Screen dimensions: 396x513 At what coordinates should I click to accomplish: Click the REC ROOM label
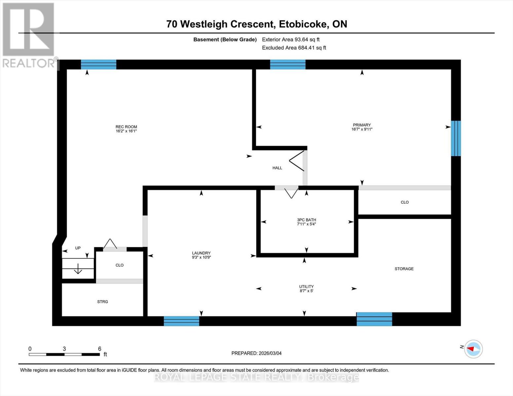click(126, 127)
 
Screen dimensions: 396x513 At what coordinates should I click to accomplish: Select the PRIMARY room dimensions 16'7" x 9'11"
click(362, 129)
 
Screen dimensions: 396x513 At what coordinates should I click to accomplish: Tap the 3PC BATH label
click(306, 220)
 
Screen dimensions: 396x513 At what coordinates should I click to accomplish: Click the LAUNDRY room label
click(201, 253)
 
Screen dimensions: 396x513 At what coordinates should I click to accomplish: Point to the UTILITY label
click(306, 286)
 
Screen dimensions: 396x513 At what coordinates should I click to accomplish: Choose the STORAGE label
click(404, 269)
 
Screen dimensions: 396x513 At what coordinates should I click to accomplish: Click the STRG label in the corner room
click(102, 302)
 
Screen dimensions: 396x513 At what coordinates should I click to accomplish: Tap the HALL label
click(277, 168)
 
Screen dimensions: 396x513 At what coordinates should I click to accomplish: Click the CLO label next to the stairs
click(120, 265)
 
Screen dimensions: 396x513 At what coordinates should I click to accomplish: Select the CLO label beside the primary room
click(405, 202)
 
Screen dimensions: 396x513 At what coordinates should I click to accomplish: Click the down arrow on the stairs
click(78, 269)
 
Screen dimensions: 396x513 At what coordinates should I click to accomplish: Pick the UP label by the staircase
click(78, 248)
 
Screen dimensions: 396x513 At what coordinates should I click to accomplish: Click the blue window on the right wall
click(456, 138)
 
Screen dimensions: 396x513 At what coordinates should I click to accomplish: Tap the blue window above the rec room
click(98, 64)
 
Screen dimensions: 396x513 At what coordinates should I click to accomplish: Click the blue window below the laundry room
click(181, 321)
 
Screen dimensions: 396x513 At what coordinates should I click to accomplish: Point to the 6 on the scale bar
click(99, 349)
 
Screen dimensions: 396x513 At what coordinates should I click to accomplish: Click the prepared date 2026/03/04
click(256, 353)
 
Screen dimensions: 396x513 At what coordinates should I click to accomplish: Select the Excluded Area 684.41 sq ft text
click(294, 48)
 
